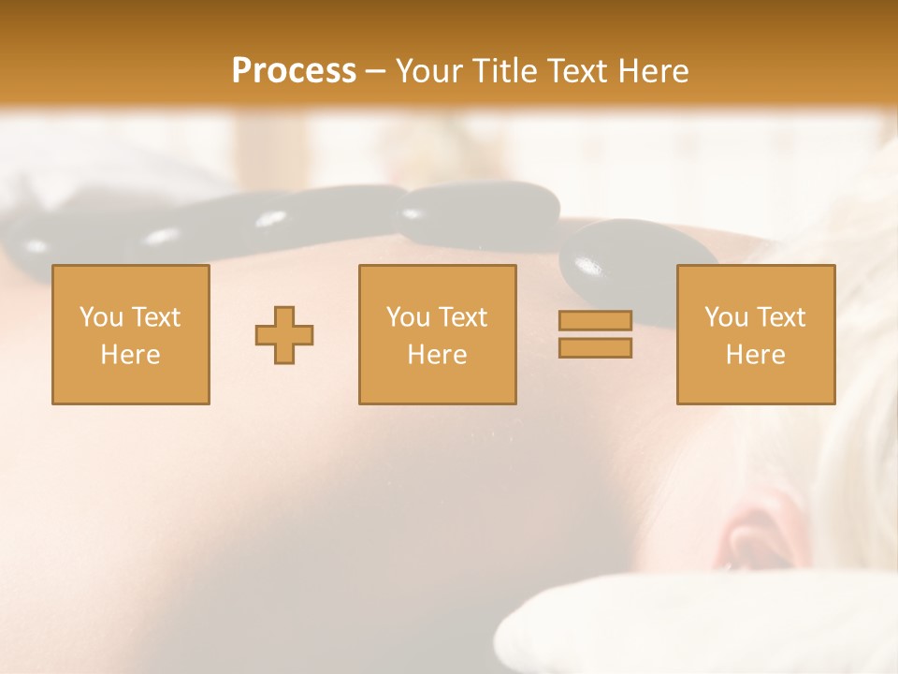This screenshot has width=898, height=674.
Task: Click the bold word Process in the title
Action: coord(294,71)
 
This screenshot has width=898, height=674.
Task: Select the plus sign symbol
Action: coord(284,335)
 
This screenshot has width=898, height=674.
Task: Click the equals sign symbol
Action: coord(595,334)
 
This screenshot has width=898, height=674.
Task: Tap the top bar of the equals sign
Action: coord(595,321)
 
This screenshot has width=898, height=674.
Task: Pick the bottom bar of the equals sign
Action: coord(595,347)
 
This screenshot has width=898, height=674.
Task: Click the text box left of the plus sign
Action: coord(131,335)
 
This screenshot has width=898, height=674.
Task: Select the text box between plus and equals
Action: coord(437,335)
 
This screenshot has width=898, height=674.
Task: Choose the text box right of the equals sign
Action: coord(755,335)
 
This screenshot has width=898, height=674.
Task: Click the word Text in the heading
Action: coord(572,71)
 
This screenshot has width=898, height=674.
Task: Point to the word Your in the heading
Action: coord(427,71)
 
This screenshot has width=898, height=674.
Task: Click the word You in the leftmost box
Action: coord(98,317)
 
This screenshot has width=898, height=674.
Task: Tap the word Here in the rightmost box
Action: coord(755,355)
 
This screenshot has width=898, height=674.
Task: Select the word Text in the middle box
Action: coord(464,317)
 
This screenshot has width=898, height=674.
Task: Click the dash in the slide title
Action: coord(375,71)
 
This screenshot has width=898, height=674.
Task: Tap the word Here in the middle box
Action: coord(437,355)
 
